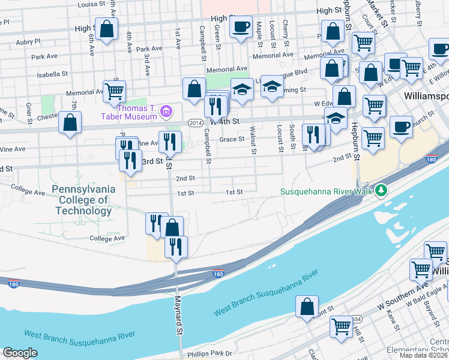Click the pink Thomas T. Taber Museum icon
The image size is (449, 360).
167,110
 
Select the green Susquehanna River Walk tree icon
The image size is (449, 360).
381,191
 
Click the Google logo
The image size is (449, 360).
20,353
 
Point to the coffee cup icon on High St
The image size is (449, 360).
241,27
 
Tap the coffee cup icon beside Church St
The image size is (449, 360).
401,127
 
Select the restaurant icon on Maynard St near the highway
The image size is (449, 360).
176,247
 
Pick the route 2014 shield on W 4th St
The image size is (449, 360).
195,122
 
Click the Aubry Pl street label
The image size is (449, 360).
28,41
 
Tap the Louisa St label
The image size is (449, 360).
92,4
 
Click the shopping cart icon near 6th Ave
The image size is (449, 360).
114,91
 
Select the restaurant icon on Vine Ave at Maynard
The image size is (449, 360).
169,142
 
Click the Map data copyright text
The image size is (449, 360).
423,355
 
